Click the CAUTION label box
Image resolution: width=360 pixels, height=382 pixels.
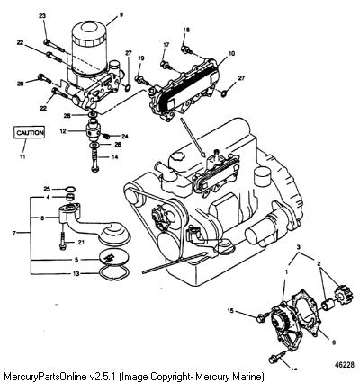[x=29, y=132]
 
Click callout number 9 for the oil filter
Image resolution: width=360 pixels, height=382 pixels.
[x=121, y=14]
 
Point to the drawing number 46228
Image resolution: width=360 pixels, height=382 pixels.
[x=344, y=365]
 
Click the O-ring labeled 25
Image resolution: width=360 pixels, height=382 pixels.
[x=70, y=189]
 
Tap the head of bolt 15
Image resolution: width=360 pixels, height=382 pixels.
[x=261, y=318]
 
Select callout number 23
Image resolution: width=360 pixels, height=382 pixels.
[x=42, y=16]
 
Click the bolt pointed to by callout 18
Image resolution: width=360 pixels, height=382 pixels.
[x=186, y=49]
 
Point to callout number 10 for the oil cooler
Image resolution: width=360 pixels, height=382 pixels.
[x=231, y=54]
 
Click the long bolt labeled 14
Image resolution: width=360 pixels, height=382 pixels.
[x=94, y=161]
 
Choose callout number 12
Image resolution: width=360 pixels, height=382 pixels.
[x=63, y=131]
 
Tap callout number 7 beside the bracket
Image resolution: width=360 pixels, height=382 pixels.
[x=14, y=233]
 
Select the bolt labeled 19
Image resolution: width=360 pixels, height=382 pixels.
[x=142, y=80]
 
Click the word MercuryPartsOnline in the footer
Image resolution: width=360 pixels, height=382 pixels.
[x=46, y=376]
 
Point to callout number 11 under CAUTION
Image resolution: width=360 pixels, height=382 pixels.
[x=22, y=156]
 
